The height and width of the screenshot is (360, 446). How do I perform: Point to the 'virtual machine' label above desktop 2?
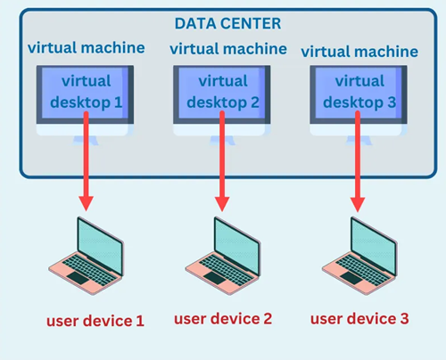pyautogui.click(x=228, y=48)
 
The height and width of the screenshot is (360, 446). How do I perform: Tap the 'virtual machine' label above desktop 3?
pyautogui.click(x=359, y=51)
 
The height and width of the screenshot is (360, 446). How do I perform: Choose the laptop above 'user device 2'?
pyautogui.click(x=221, y=254)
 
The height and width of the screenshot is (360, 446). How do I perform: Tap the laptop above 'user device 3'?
pyautogui.click(x=357, y=254)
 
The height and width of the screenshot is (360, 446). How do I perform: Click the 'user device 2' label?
pyautogui.click(x=222, y=318)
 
